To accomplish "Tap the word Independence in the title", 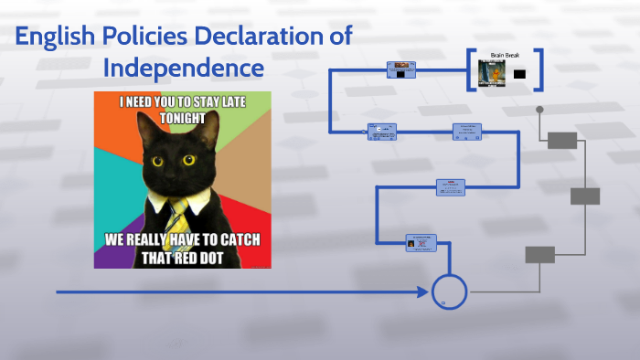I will coord(183,68).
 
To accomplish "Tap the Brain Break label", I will coord(506,55).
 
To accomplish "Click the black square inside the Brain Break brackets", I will coord(519,74).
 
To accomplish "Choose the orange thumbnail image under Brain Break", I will coord(493,73).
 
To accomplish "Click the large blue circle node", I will coord(449,291).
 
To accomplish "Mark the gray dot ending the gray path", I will coord(539,110).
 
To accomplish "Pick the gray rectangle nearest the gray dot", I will coord(562,140).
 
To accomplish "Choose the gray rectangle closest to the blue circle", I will coord(539,255).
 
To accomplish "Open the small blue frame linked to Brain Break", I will coord(400,70).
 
